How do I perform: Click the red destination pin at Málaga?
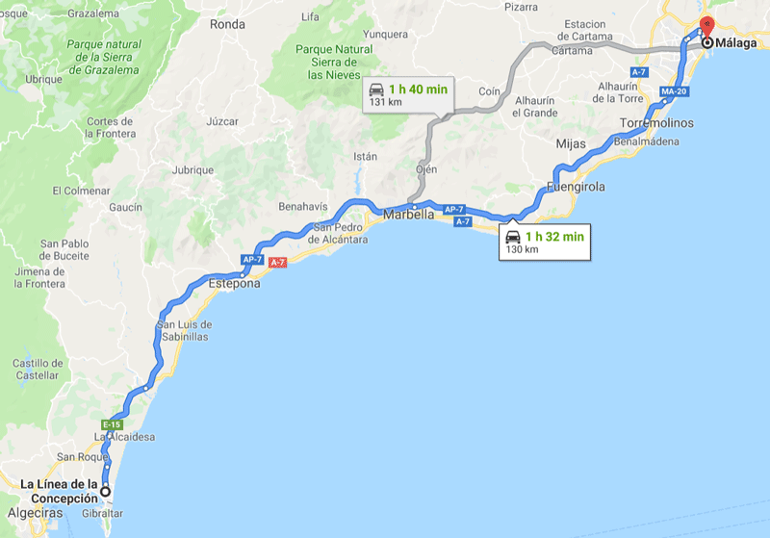[706, 28]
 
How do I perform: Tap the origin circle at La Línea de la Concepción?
[106, 492]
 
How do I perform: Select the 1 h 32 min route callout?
[545, 242]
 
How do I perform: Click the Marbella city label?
[409, 215]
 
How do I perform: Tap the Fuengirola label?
[576, 188]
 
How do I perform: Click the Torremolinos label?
[656, 124]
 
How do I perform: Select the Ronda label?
[227, 24]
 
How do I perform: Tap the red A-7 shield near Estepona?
[278, 263]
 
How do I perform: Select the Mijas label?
[571, 143]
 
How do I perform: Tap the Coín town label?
[490, 91]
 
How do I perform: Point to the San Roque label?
[78, 456]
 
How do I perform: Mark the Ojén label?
[426, 168]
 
